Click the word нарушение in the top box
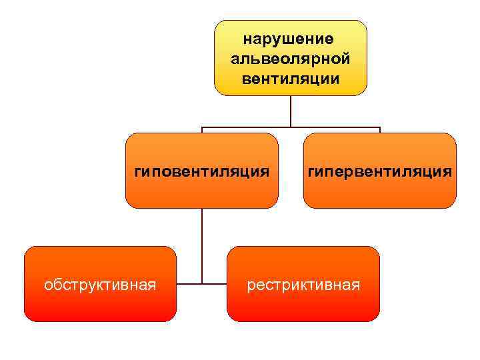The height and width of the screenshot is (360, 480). coord(290,40)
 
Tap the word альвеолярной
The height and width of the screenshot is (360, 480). coord(290,59)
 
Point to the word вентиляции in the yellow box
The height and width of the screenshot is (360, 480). coord(290,79)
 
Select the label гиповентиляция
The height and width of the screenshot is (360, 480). coord(202,172)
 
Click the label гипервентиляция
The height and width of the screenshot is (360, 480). coord(379,172)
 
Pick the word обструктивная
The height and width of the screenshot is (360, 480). coord(100,285)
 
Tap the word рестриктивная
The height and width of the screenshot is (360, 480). coord(303,285)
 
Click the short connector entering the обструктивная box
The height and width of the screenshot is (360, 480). coord(189,284)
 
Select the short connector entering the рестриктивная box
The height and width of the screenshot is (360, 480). coord(215,284)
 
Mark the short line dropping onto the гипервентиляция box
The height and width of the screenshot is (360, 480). coord(379,130)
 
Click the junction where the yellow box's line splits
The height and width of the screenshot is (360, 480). coord(291,127)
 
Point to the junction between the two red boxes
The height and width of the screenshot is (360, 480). coord(202,284)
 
